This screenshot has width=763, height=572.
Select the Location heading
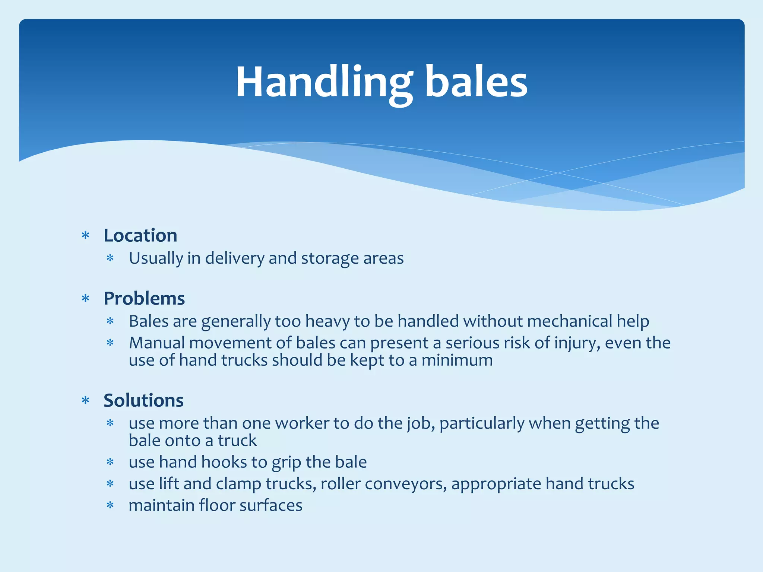click(140, 235)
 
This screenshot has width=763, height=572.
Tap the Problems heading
click(144, 298)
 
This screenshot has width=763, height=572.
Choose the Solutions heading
click(143, 400)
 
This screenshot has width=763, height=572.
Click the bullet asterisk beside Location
click(86, 236)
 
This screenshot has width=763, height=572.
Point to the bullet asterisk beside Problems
click(86, 299)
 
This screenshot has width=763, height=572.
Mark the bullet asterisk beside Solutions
click(86, 401)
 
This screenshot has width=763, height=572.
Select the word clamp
click(238, 484)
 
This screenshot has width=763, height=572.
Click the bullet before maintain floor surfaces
click(110, 506)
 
